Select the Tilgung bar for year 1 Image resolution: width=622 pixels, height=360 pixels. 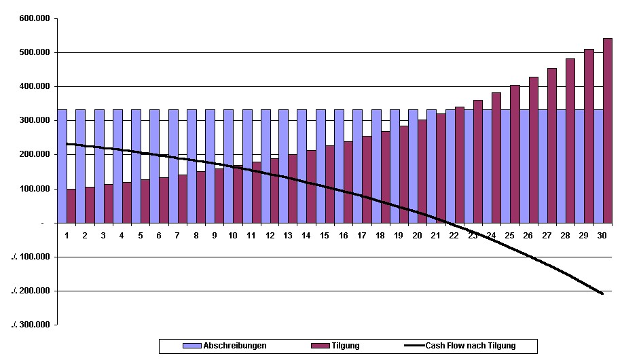71,206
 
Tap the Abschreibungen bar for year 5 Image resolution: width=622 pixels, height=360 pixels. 136,166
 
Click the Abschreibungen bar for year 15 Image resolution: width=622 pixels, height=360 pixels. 321,166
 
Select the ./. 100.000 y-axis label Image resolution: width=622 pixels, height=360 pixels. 31,257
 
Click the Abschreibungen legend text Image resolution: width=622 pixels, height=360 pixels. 235,346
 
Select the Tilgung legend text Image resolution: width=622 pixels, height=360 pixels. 346,346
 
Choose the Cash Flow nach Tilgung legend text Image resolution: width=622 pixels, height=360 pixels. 471,346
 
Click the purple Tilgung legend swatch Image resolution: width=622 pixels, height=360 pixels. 320,346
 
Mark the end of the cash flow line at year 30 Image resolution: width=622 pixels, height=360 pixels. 602,293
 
